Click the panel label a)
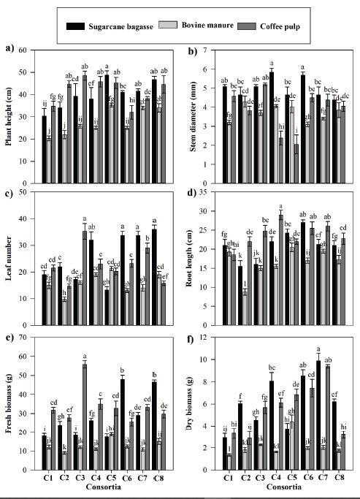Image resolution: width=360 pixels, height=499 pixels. [9, 49]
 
